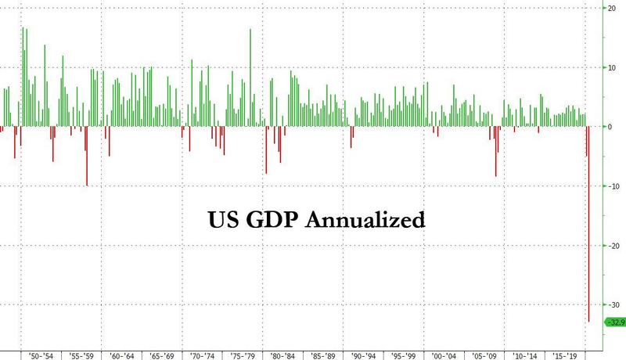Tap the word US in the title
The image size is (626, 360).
[x=221, y=218]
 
